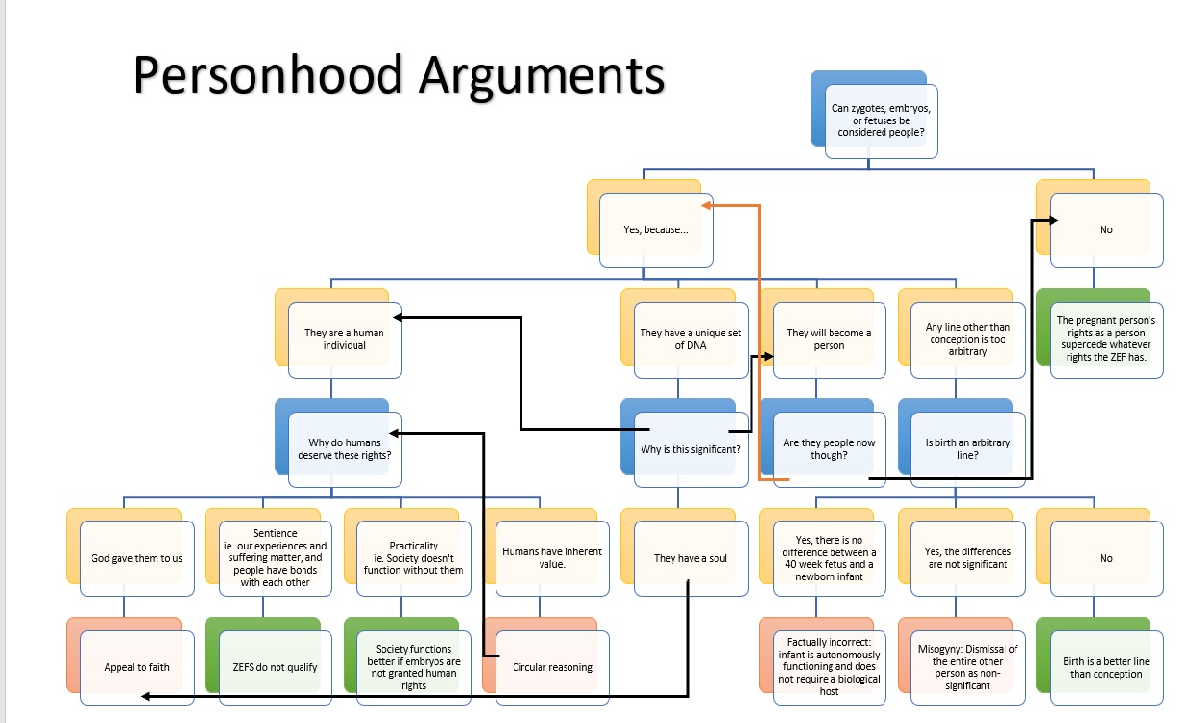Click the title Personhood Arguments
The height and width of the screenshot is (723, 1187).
coord(398,74)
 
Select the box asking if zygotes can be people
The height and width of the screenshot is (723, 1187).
coord(882,120)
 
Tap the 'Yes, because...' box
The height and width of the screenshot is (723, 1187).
coord(656,230)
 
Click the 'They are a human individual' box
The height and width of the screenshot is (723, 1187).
coord(344,339)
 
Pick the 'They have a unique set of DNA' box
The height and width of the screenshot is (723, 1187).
coord(691,339)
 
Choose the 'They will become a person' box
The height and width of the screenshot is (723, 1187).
coord(829,339)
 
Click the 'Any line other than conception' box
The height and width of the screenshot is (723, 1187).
coord(967,339)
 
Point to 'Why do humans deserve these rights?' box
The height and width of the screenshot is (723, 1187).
coord(344,449)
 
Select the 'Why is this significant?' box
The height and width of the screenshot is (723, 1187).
coord(691,449)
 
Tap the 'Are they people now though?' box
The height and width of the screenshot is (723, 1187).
coord(829,449)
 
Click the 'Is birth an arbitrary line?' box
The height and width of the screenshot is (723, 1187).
coord(967,449)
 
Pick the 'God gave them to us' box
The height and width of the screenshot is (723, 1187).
coord(137,558)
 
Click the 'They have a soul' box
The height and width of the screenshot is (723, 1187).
coord(691,558)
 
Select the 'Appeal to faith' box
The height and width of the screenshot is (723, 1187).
coord(137,667)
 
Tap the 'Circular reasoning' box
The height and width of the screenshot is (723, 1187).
coord(552,667)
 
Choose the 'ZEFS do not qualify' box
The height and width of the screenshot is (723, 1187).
coord(276,667)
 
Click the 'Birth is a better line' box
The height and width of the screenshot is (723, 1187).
coord(1106,667)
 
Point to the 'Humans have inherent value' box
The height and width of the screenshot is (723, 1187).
coord(552,558)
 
